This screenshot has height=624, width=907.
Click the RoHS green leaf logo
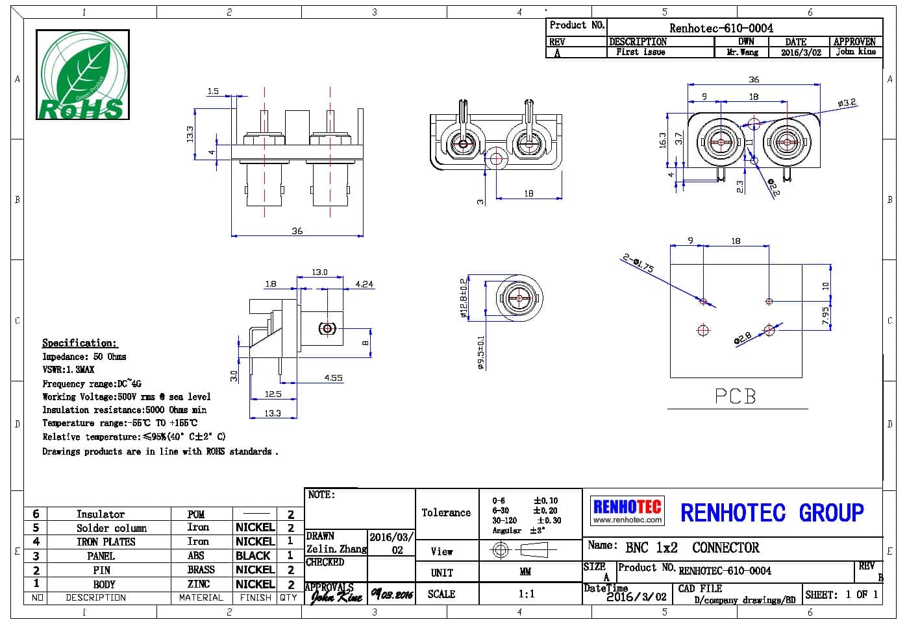click(82, 75)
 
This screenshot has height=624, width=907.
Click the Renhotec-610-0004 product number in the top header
click(721, 28)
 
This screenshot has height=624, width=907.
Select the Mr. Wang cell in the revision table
click(742, 52)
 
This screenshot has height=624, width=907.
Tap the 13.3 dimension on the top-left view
click(190, 134)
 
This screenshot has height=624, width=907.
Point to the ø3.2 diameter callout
click(847, 102)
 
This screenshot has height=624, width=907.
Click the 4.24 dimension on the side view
click(364, 283)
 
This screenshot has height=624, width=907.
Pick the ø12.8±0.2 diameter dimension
click(463, 298)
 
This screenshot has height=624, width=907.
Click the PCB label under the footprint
click(736, 396)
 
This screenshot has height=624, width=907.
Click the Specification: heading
click(80, 342)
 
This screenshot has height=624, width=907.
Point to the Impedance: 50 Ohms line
click(84, 357)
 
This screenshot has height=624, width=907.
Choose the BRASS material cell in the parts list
click(201, 570)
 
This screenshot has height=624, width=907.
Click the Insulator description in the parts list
click(100, 514)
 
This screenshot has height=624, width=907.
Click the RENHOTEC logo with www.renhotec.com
click(627, 510)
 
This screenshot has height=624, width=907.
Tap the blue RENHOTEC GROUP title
click(771, 512)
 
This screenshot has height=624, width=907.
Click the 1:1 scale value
click(526, 594)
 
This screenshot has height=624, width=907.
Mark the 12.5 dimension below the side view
click(273, 394)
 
